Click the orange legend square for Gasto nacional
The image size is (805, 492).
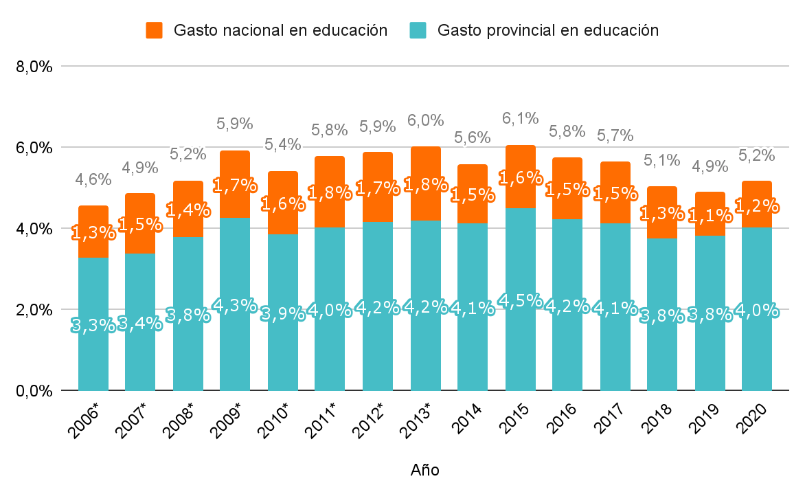click(154, 30)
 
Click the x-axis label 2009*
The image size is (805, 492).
click(228, 421)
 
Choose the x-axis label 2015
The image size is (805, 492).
click(515, 419)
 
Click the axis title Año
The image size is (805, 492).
click(424, 470)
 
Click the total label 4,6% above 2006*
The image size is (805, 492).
click(93, 179)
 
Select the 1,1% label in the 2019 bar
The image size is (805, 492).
click(710, 216)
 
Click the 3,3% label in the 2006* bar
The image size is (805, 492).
click(93, 325)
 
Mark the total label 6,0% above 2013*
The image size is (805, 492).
click(425, 120)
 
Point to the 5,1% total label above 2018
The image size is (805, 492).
click(662, 161)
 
